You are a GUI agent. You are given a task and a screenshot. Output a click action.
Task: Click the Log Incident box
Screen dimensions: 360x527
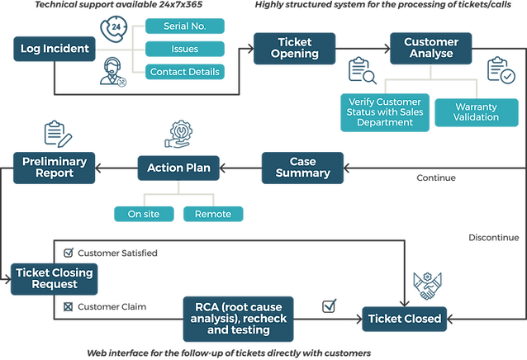[x=55, y=49]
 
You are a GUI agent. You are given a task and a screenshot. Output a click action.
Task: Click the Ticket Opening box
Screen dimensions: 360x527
[x=294, y=48]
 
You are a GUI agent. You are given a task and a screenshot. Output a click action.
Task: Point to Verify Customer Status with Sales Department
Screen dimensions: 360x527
[x=381, y=111]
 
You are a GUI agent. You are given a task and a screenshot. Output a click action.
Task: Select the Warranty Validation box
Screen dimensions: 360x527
[x=476, y=111]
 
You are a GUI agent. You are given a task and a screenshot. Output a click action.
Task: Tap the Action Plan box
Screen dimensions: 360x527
[x=178, y=168]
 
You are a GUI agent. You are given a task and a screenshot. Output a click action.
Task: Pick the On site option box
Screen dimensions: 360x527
[x=144, y=215]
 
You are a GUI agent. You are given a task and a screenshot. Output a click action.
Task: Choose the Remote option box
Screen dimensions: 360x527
[x=212, y=215]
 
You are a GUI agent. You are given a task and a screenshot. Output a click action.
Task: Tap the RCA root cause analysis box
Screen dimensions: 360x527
[x=237, y=318]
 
